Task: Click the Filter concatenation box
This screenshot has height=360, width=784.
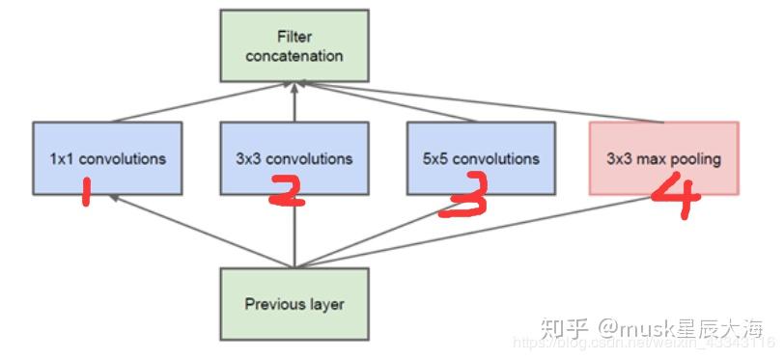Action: coord(294,46)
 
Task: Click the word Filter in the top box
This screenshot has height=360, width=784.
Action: coord(294,38)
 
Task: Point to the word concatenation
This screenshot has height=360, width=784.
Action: coord(294,56)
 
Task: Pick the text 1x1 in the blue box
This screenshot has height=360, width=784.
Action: coord(61,158)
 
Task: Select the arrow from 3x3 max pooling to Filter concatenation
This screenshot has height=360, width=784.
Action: coord(483,104)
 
